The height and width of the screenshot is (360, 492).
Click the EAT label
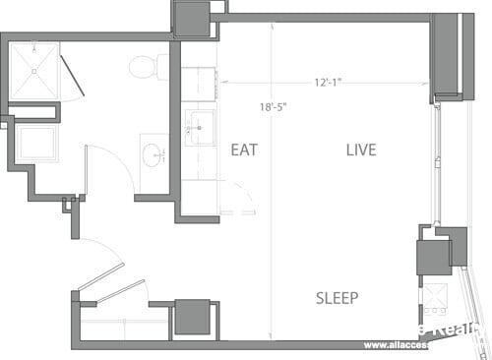tap(244, 150)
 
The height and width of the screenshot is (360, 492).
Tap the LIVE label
tap(361, 150)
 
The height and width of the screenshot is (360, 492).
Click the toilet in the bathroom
tap(148, 67)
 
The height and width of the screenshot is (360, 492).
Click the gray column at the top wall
tap(191, 18)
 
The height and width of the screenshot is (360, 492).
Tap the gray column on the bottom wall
tap(192, 317)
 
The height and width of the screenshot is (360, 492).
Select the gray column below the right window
tap(433, 257)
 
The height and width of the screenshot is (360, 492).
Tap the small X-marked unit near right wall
tap(435, 295)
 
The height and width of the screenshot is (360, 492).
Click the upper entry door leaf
tap(100, 276)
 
